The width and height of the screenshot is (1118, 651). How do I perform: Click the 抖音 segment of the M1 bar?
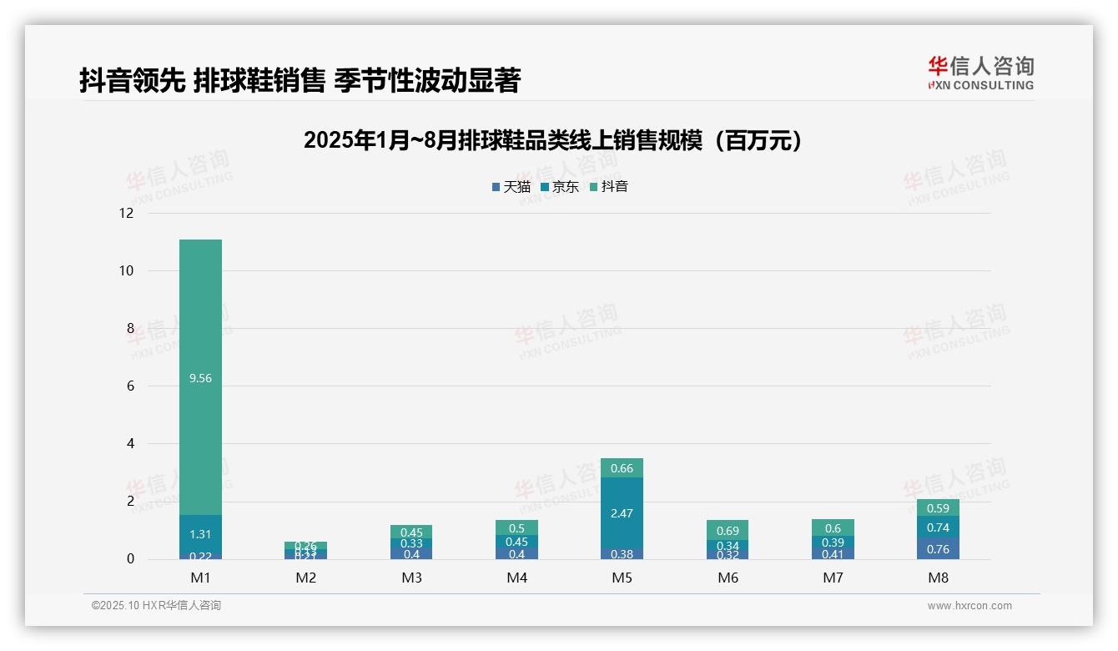(x=200, y=377)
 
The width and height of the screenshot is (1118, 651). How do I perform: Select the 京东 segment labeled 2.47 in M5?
(x=622, y=512)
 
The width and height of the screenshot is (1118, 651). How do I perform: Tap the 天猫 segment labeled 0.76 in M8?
(x=938, y=548)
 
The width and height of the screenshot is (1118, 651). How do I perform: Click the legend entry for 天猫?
(x=511, y=187)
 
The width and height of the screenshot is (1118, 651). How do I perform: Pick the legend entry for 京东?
(x=559, y=187)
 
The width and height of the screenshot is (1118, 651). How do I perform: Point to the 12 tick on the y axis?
(x=126, y=213)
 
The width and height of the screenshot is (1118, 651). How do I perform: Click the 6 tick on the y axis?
(x=129, y=386)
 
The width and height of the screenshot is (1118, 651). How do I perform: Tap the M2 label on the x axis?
(x=305, y=578)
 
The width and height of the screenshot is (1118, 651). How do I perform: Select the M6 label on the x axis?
(x=728, y=578)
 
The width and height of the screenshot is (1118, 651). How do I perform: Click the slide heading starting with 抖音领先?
(x=300, y=80)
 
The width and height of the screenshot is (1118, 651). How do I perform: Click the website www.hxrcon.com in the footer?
(x=969, y=606)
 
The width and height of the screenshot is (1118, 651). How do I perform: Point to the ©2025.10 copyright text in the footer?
(x=156, y=606)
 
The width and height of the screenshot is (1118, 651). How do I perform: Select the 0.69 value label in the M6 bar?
(x=728, y=531)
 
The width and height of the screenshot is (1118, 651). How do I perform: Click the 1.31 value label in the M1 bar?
(x=200, y=534)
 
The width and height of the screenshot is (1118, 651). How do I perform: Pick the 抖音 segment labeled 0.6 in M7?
(x=833, y=527)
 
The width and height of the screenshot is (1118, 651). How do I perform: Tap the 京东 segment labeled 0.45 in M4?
(x=516, y=541)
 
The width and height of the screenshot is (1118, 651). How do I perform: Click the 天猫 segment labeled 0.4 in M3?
(x=411, y=553)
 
